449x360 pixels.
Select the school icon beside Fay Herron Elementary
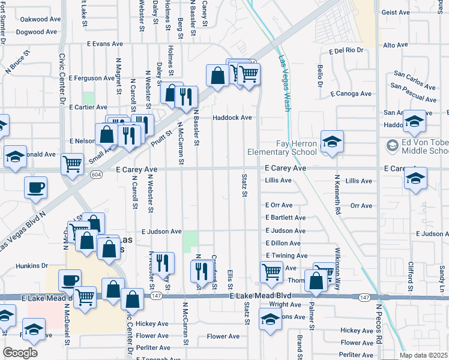pos(332,143)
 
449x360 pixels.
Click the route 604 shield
pos(96,174)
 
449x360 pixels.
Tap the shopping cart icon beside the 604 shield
pos(72,164)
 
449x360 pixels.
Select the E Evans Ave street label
pos(104,44)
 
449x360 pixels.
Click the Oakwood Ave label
pos(41,19)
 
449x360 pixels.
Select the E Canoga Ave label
pos(350,94)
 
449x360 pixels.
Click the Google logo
pos(20,353)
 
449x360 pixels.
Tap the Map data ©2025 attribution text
pos(423,355)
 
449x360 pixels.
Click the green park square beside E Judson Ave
pos(191,242)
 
